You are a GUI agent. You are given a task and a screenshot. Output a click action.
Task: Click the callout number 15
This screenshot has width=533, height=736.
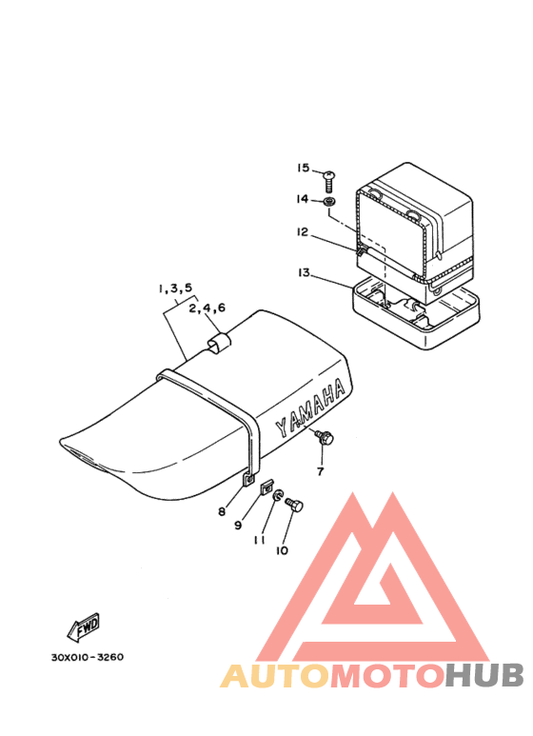coord(303,168)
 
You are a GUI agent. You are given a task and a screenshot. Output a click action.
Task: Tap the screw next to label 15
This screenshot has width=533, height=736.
coord(329,181)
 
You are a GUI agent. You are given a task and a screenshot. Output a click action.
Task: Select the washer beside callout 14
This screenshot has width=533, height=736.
coord(330,202)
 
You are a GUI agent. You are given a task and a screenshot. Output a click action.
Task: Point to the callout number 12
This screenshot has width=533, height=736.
coord(303,232)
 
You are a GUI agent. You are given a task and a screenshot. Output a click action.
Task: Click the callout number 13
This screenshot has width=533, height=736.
coord(304,272)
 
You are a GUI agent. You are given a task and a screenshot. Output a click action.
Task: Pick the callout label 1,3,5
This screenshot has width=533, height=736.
coord(175,288)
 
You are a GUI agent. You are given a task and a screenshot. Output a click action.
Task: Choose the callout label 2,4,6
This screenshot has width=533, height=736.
coord(207,308)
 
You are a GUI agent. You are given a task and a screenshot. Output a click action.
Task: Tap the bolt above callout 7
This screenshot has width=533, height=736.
coord(325,437)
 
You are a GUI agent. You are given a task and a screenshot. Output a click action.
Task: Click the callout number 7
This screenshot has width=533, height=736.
coord(321,470)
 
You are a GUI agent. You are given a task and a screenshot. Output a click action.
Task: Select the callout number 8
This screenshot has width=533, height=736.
coord(222,511)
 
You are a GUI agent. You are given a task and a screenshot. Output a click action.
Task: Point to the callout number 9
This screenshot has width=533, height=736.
coord(238,526)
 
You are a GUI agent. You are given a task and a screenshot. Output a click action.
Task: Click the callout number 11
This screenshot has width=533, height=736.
coord(259,540)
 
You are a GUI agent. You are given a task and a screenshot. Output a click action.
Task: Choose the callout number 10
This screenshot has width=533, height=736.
coord(282,550)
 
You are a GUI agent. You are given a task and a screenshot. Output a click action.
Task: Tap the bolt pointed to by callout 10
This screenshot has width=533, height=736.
coord(294,505)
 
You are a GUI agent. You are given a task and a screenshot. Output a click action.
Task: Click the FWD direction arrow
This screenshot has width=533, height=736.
coord(83,627)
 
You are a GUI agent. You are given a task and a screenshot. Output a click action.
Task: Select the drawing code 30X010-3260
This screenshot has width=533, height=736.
coord(88,657)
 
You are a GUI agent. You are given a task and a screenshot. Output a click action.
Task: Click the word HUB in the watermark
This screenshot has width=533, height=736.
coord(484,675)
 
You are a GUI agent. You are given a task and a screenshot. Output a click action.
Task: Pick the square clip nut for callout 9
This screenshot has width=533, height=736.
coord(266,488)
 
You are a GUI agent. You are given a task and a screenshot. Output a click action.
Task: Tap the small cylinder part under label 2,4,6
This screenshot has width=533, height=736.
coord(218,343)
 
